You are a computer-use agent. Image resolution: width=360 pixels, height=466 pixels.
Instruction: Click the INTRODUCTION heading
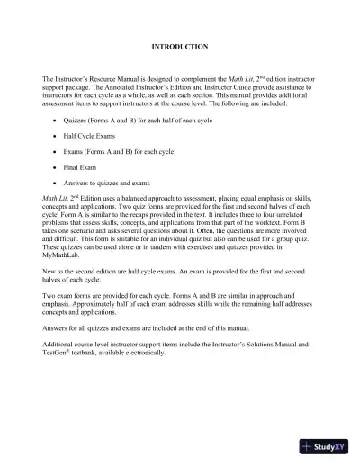(180, 45)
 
